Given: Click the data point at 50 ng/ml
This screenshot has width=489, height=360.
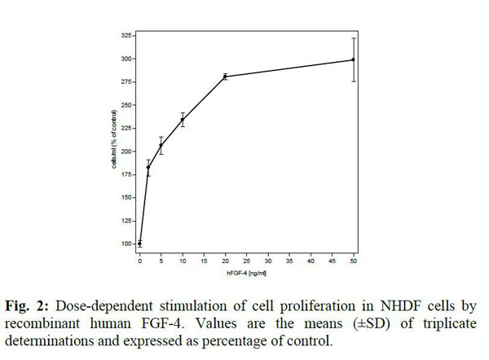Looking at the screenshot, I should (353, 59).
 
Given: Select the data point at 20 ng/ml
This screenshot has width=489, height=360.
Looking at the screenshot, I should (225, 77).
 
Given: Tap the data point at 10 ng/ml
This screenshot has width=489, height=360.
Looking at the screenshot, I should (183, 120).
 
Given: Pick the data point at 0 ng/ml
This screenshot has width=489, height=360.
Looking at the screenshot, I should (140, 243).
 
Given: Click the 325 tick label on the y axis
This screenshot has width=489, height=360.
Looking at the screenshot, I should (126, 36).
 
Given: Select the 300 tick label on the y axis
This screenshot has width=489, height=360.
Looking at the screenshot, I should (126, 59).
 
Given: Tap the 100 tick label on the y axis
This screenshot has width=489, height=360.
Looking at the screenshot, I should (126, 244).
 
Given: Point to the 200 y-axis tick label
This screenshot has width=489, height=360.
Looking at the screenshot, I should (126, 151).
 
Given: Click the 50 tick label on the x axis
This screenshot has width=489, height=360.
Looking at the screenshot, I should (353, 261).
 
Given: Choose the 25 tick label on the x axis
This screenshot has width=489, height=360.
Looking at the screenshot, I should (246, 261).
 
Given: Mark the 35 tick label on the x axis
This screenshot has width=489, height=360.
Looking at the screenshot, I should (289, 261).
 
